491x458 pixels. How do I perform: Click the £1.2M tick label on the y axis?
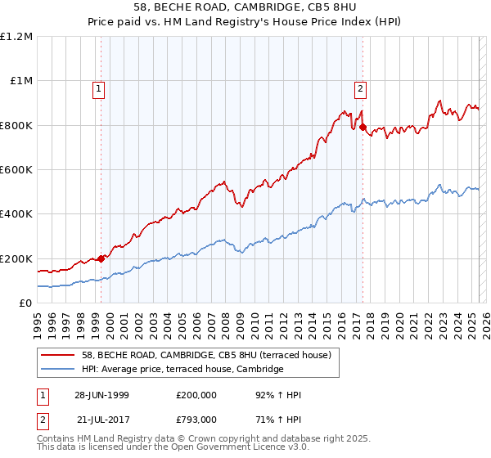[16, 37]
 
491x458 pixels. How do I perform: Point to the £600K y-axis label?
[16, 170]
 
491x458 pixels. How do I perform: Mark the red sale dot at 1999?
[101, 258]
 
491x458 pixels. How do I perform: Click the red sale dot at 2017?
[363, 127]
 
